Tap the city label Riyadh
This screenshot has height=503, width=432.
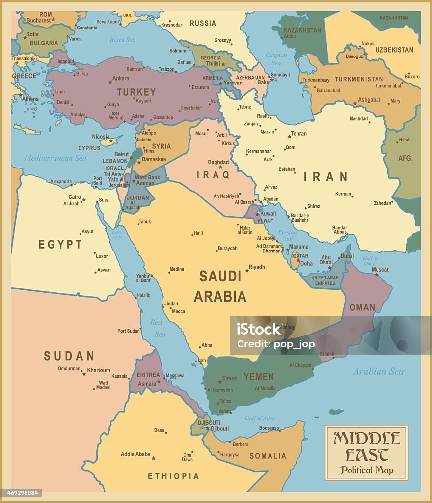pyautogui.click(x=257, y=267)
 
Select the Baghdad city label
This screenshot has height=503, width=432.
pyautogui.click(x=218, y=162)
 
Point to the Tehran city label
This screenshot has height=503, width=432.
pyautogui.click(x=298, y=133)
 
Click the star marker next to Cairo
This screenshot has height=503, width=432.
pyautogui.click(x=84, y=199)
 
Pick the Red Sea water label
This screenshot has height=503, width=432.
pyautogui.click(x=157, y=328)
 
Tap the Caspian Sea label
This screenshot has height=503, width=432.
pyautogui.click(x=276, y=59)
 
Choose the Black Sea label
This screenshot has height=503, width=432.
pyautogui.click(x=122, y=40)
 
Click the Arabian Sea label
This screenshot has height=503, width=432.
pyautogui.click(x=378, y=372)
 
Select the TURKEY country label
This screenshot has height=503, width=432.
pyautogui.click(x=136, y=92)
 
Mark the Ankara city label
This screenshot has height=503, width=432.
pyautogui.click(x=121, y=78)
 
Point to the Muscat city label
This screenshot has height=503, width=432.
pyautogui.click(x=380, y=269)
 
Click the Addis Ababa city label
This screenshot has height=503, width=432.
pyautogui.click(x=135, y=454)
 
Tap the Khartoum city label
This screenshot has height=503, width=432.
pyautogui.click(x=99, y=370)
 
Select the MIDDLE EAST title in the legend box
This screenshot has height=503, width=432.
pyautogui.click(x=367, y=446)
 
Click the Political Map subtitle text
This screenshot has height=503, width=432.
pyautogui.click(x=367, y=470)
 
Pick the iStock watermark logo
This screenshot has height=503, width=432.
pyautogui.click(x=259, y=330)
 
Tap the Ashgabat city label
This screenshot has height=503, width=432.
pyautogui.click(x=369, y=100)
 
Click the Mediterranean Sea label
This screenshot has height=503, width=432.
pyautogui.click(x=55, y=158)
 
